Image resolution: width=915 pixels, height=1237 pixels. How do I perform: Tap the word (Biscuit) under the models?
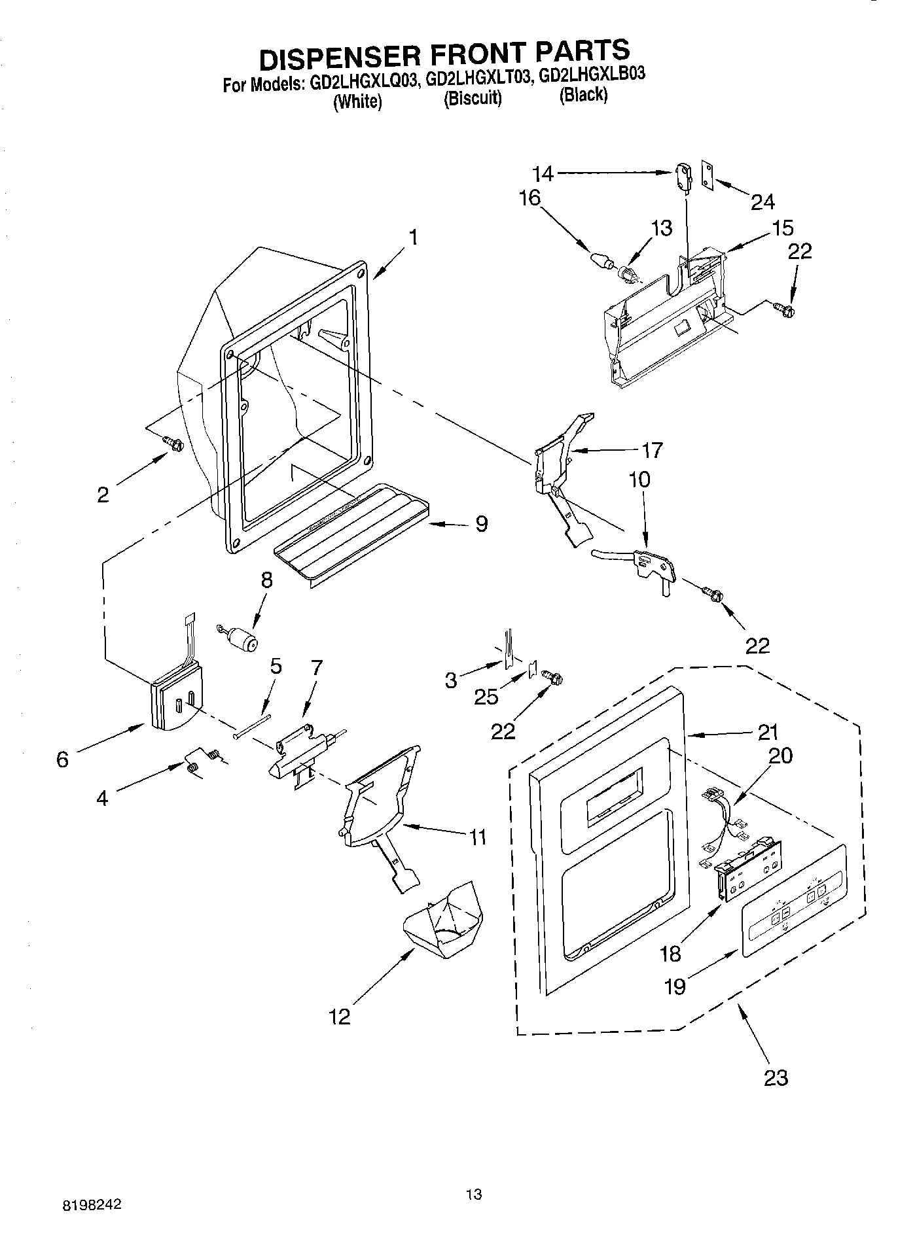(x=472, y=99)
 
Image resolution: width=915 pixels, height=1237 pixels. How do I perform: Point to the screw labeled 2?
(x=174, y=444)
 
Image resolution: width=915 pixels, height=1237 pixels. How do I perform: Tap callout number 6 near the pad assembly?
(x=63, y=759)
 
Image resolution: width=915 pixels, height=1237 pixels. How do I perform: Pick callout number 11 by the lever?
(x=478, y=837)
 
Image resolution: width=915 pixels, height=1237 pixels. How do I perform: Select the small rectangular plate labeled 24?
(x=708, y=174)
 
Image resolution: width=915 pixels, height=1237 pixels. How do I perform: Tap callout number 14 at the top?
(x=543, y=174)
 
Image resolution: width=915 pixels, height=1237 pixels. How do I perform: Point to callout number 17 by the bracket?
(x=652, y=450)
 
